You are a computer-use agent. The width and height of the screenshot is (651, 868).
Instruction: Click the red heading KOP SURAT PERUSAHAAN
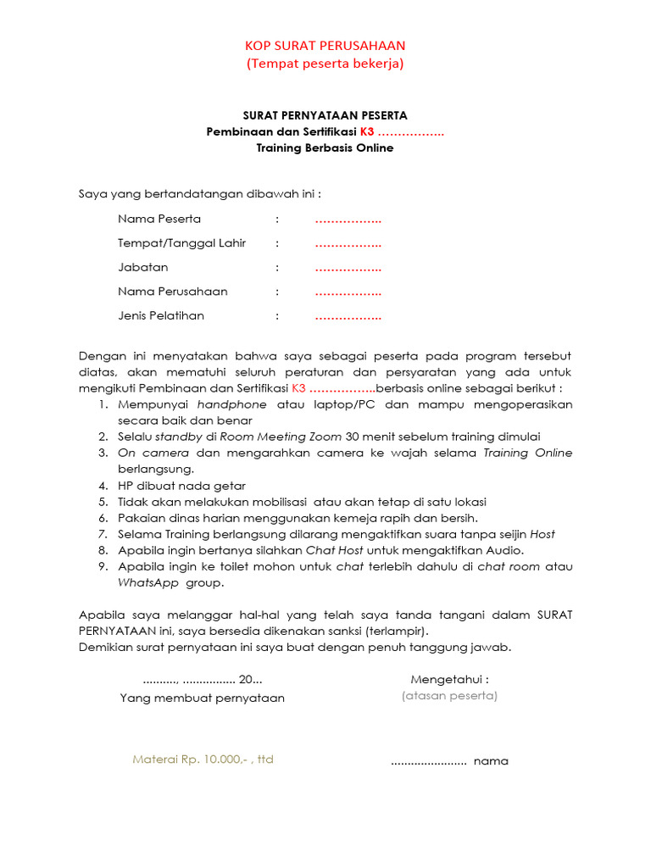coord(325,46)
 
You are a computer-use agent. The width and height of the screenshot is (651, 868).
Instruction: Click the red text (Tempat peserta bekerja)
coord(325,64)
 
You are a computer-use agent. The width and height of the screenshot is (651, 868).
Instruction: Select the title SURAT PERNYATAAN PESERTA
coord(325,115)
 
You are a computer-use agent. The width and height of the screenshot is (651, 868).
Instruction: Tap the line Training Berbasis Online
coord(325,147)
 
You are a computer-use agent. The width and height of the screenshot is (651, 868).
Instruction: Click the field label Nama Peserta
coord(159,220)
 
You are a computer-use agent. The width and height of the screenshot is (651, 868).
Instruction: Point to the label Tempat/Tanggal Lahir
coord(181,243)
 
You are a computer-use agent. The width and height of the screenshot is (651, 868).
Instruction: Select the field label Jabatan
coord(142,268)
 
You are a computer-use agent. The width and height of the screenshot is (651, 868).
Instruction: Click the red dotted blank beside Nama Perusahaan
coord(348,292)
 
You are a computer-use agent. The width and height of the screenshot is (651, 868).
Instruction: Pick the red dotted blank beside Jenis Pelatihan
coord(348,316)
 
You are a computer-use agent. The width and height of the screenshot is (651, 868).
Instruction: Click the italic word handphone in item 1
coord(231,404)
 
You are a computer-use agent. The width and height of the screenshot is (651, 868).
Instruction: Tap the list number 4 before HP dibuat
coord(102,486)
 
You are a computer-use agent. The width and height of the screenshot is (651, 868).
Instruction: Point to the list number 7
coord(102,534)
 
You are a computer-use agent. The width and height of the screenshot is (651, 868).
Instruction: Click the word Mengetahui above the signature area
coord(449,680)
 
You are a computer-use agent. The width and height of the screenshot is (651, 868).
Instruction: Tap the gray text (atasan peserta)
coord(449,696)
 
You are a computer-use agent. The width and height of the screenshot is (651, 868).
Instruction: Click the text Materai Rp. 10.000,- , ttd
coord(203,759)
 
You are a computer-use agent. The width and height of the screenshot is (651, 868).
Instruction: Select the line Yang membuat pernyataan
coord(202,698)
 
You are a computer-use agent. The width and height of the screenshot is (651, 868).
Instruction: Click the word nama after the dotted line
coord(491,761)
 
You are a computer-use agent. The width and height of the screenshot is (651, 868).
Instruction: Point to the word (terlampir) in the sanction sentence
coord(397,632)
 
